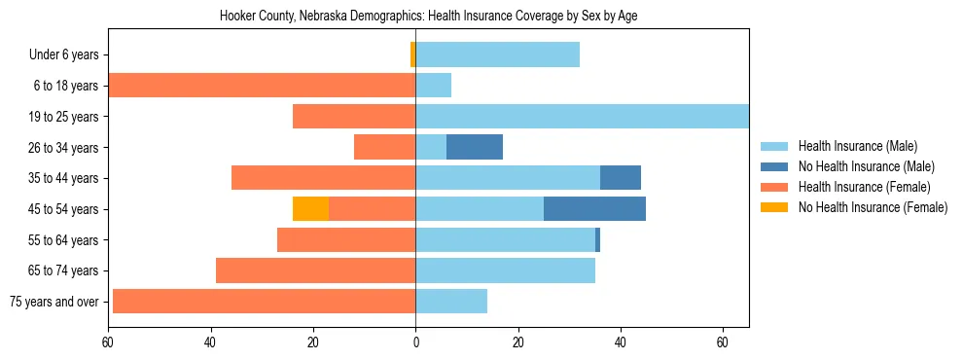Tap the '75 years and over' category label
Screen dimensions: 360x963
(x=54, y=302)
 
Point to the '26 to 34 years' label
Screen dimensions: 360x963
(x=61, y=147)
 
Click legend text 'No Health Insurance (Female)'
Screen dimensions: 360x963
(x=873, y=207)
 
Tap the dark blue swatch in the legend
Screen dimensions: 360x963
(x=774, y=166)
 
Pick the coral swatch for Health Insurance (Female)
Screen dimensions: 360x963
(x=774, y=187)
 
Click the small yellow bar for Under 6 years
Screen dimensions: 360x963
(x=412, y=54)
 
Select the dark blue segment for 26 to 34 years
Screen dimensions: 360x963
(x=475, y=147)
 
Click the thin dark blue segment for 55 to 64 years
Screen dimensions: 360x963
(x=597, y=239)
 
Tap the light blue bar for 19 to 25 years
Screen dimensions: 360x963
(x=582, y=116)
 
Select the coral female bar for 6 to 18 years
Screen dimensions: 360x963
(x=262, y=86)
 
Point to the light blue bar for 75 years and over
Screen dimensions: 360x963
(x=451, y=302)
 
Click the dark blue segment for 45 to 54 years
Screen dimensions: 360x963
(x=594, y=208)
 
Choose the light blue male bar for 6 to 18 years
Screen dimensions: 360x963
(x=433, y=86)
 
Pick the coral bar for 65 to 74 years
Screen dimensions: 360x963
(x=315, y=270)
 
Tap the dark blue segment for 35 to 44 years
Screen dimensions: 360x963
(x=621, y=178)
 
